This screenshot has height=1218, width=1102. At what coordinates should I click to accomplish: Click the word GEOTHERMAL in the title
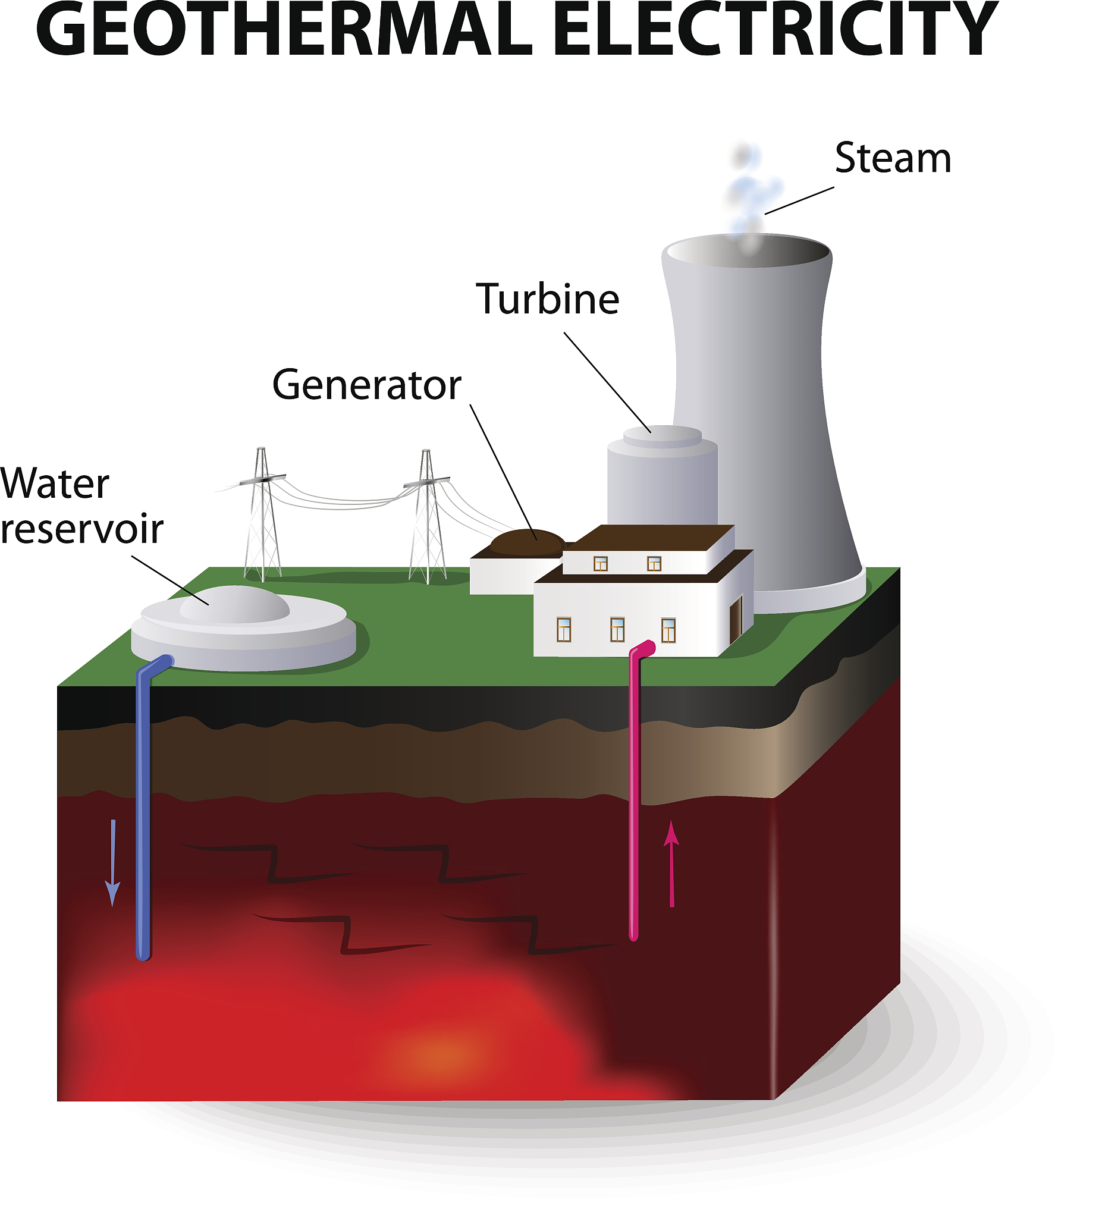tap(284, 30)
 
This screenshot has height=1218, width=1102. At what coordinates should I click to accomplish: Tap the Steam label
tap(892, 158)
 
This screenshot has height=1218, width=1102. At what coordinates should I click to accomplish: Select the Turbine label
tap(547, 300)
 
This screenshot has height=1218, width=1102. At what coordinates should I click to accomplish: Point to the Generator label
tap(366, 385)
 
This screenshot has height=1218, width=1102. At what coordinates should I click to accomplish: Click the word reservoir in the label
tap(81, 529)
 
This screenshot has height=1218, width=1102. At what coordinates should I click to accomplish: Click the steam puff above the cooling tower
tap(749, 193)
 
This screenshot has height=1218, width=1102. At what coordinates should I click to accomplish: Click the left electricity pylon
tap(262, 520)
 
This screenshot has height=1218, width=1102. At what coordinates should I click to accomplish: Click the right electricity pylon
tap(427, 523)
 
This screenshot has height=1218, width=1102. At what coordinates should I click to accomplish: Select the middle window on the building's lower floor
tap(617, 630)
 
